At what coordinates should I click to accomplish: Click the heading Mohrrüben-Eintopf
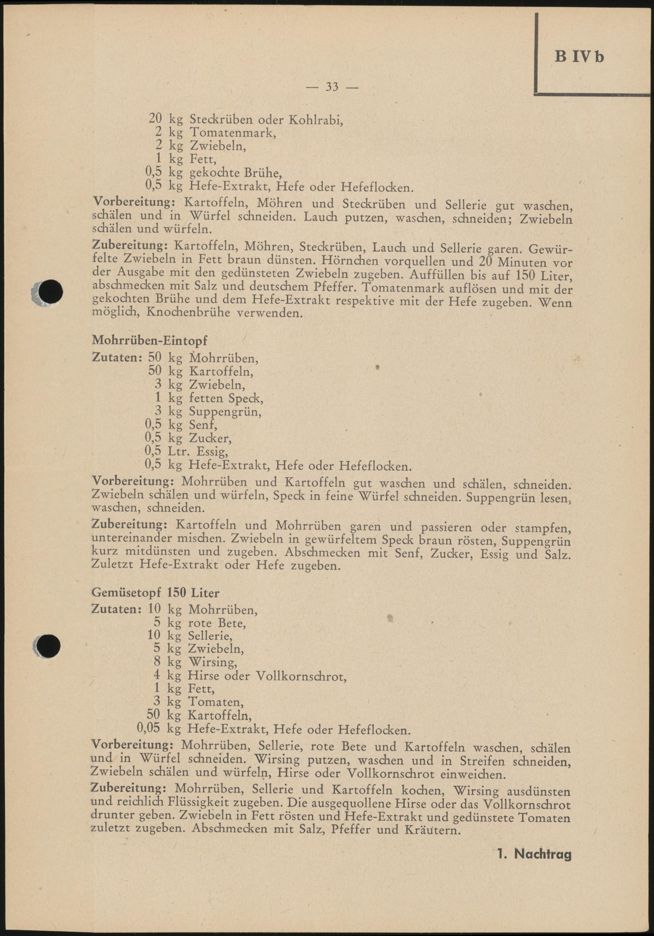pyautogui.click(x=150, y=340)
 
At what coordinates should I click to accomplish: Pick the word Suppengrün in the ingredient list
pyautogui.click(x=225, y=412)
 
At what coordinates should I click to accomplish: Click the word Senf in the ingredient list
pyautogui.click(x=203, y=425)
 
